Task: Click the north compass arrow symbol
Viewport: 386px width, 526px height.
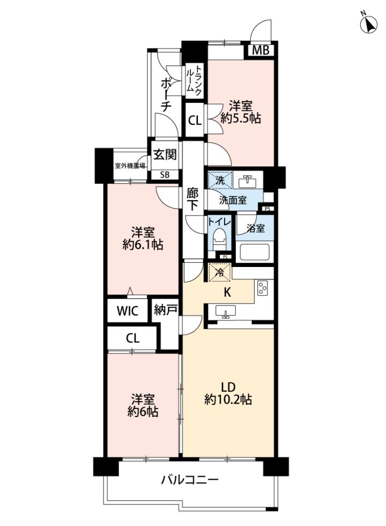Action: click(369, 24)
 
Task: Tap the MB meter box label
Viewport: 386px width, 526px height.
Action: click(261, 50)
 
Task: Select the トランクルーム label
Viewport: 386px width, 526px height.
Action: click(194, 79)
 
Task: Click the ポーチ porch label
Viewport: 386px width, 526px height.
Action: click(166, 94)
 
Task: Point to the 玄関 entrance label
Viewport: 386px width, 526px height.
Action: click(165, 154)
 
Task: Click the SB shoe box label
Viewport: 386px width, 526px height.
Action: click(165, 175)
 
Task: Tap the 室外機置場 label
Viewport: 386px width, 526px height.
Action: click(130, 166)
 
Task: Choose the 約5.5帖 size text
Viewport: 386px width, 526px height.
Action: click(241, 118)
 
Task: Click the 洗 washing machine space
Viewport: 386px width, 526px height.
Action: click(220, 181)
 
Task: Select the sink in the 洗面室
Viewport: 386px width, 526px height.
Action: click(247, 181)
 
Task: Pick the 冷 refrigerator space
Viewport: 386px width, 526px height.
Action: click(220, 272)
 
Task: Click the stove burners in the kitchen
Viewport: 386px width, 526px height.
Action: click(262, 287)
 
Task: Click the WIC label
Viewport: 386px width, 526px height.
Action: click(128, 310)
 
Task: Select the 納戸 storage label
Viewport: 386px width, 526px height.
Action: click(166, 310)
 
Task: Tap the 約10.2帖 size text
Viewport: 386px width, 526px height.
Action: click(228, 399)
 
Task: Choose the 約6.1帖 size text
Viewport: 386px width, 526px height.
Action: click(143, 245)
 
